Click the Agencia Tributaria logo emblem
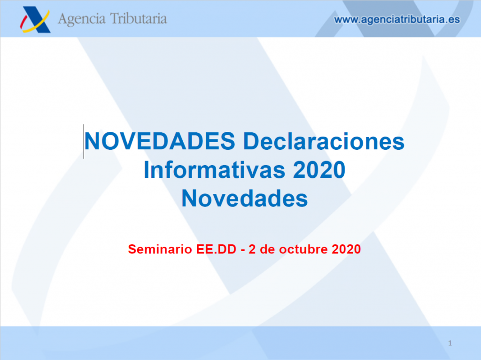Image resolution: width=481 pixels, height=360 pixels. point(35,19)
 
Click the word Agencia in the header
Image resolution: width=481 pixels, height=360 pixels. point(82,19)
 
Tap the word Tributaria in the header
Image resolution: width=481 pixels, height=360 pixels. point(139,19)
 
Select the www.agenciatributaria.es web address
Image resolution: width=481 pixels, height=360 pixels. point(397,20)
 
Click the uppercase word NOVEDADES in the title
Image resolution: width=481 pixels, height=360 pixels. point(160,141)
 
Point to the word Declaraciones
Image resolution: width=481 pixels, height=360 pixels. point(324,141)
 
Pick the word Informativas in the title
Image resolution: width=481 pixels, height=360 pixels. point(214,170)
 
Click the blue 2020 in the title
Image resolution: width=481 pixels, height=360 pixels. point(319,170)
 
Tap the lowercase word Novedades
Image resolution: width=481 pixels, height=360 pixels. point(244,199)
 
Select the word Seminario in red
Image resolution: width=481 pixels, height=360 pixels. point(160,249)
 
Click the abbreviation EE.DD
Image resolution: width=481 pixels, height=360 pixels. point(216,249)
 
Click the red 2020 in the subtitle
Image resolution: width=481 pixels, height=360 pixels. point(346,249)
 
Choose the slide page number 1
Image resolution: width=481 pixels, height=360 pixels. point(450,343)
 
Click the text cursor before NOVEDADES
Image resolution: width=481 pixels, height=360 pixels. point(84,141)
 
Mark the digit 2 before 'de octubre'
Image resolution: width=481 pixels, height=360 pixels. point(252,249)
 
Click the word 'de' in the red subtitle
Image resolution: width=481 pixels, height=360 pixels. point(267,249)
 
